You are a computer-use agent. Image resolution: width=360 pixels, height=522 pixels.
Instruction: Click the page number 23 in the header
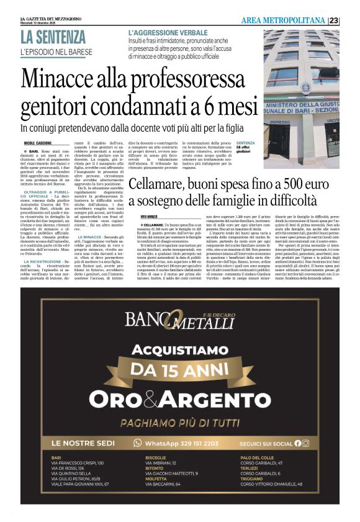tap(351, 20)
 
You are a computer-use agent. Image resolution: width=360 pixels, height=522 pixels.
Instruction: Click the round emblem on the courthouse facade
tap(305, 88)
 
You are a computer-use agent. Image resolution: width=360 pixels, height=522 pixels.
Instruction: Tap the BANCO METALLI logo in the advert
tap(179, 320)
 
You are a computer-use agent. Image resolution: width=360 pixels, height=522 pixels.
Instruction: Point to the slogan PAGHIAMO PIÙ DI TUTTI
tap(180, 422)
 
